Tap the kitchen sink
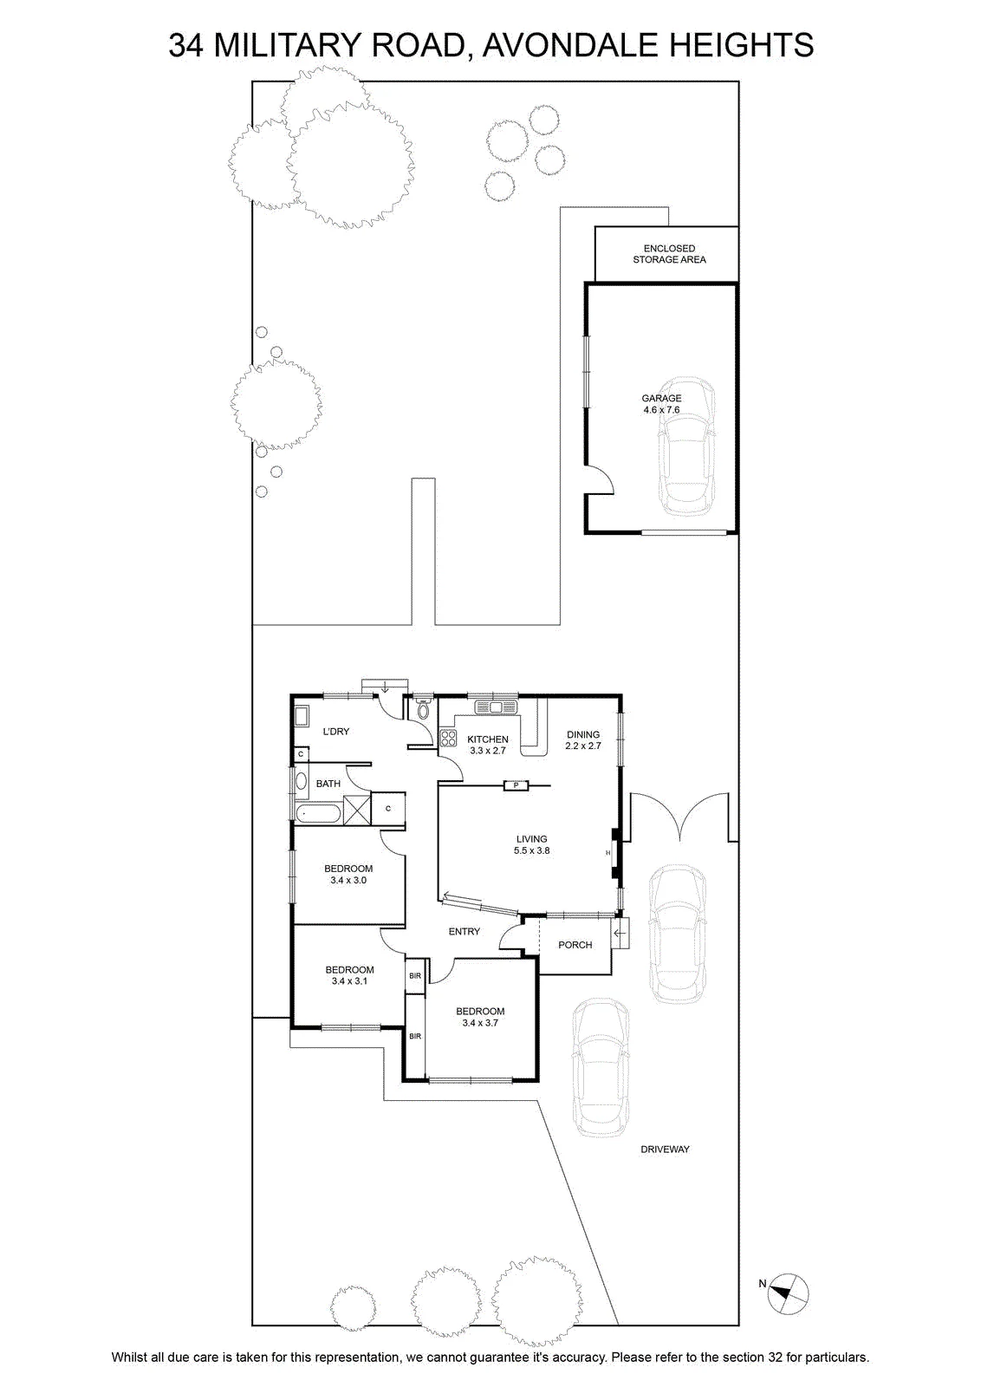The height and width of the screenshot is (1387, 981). [x=496, y=707]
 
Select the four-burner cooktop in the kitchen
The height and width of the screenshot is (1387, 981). [x=448, y=738]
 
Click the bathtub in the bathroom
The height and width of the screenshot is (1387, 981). [x=317, y=814]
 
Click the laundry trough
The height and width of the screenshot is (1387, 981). [x=302, y=716]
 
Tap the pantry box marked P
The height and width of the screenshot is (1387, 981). [x=516, y=785]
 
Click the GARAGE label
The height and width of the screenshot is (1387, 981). [x=661, y=398]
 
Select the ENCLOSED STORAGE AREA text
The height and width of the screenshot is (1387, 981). [x=669, y=254]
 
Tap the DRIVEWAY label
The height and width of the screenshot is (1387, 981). [x=665, y=1149]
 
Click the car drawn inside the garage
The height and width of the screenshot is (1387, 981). [x=685, y=446]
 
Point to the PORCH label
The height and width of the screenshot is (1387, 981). [x=575, y=945]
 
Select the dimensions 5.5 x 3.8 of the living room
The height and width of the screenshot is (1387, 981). [x=531, y=850]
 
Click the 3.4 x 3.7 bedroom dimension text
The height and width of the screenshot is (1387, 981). [x=480, y=1023]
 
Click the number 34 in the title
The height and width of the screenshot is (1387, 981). [x=185, y=45]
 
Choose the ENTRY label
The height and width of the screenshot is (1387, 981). [x=465, y=931]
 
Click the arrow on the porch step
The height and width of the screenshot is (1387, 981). [x=620, y=933]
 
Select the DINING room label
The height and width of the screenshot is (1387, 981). [x=583, y=734]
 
